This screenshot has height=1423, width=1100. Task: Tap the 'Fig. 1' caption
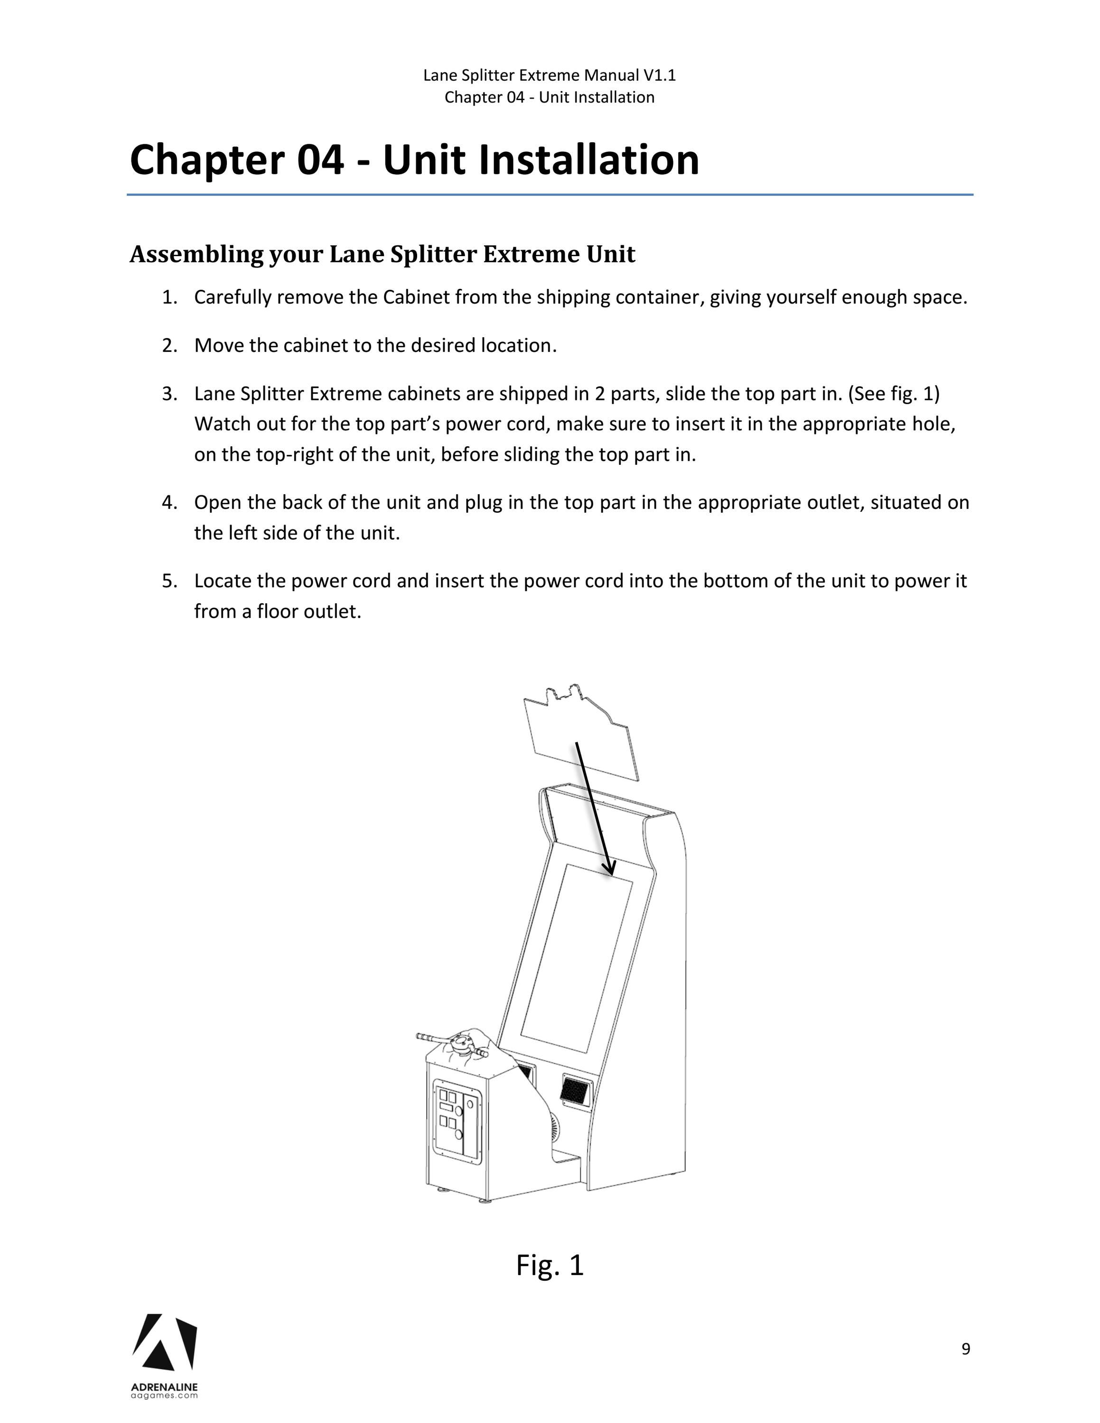550,1265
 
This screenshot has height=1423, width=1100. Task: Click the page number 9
965,1348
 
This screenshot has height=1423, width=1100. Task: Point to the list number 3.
169,394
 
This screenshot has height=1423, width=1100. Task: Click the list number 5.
169,581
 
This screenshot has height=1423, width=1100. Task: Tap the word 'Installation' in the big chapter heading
588,160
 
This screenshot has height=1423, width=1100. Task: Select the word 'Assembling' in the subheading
196,255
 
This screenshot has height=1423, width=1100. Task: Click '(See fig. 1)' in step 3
894,394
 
